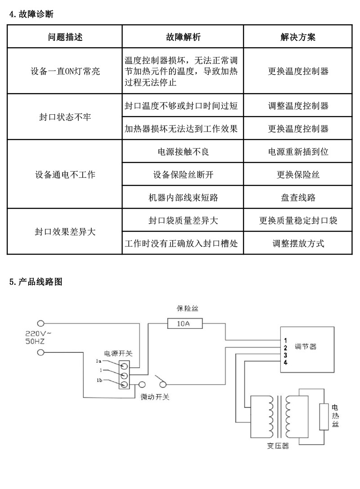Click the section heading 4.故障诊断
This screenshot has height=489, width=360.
31,14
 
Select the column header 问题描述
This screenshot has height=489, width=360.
65,37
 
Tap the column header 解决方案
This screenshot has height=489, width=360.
298,37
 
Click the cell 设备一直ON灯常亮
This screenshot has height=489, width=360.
65,71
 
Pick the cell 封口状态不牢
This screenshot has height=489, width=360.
65,117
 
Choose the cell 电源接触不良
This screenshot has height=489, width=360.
183,152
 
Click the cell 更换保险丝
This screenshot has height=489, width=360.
298,175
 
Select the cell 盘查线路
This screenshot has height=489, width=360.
298,197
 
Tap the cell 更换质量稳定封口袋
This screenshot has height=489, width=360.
298,220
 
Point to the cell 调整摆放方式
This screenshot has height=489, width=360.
298,243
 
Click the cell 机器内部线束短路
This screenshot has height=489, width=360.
183,197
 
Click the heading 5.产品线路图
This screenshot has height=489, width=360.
36,282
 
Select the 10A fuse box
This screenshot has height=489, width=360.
184,323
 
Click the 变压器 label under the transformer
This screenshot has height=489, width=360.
277,446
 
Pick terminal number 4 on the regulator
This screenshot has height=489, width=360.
286,363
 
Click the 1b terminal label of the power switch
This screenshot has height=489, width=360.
99,381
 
